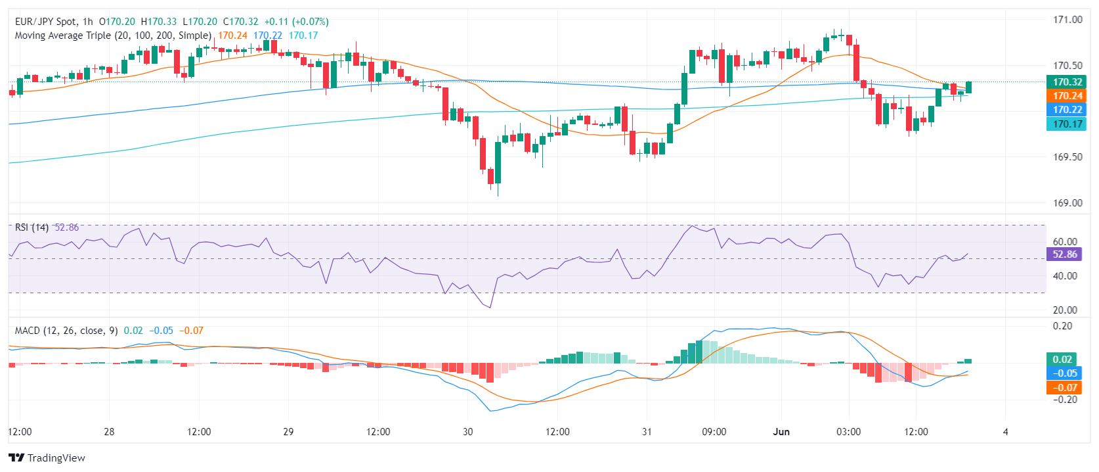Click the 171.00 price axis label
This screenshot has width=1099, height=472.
click(x=1067, y=20)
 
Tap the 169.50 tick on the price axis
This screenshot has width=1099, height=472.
click(x=1067, y=157)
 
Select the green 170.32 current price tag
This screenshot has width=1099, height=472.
click(x=1067, y=82)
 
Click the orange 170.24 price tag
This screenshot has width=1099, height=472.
click(x=1067, y=96)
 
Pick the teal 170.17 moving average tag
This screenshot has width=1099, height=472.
click(x=1067, y=124)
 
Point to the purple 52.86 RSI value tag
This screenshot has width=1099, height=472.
click(x=1064, y=254)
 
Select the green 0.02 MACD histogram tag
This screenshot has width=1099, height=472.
click(x=1062, y=360)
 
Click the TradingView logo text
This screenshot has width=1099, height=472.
click(x=56, y=458)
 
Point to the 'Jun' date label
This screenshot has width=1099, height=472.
click(x=781, y=432)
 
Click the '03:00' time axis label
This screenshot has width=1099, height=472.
click(x=848, y=432)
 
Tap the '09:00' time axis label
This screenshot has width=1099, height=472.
click(x=714, y=432)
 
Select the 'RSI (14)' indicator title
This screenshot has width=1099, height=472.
click(x=32, y=227)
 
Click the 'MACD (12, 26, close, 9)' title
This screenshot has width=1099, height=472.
click(x=66, y=331)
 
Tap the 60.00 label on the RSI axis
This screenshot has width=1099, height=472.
click(x=1065, y=242)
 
